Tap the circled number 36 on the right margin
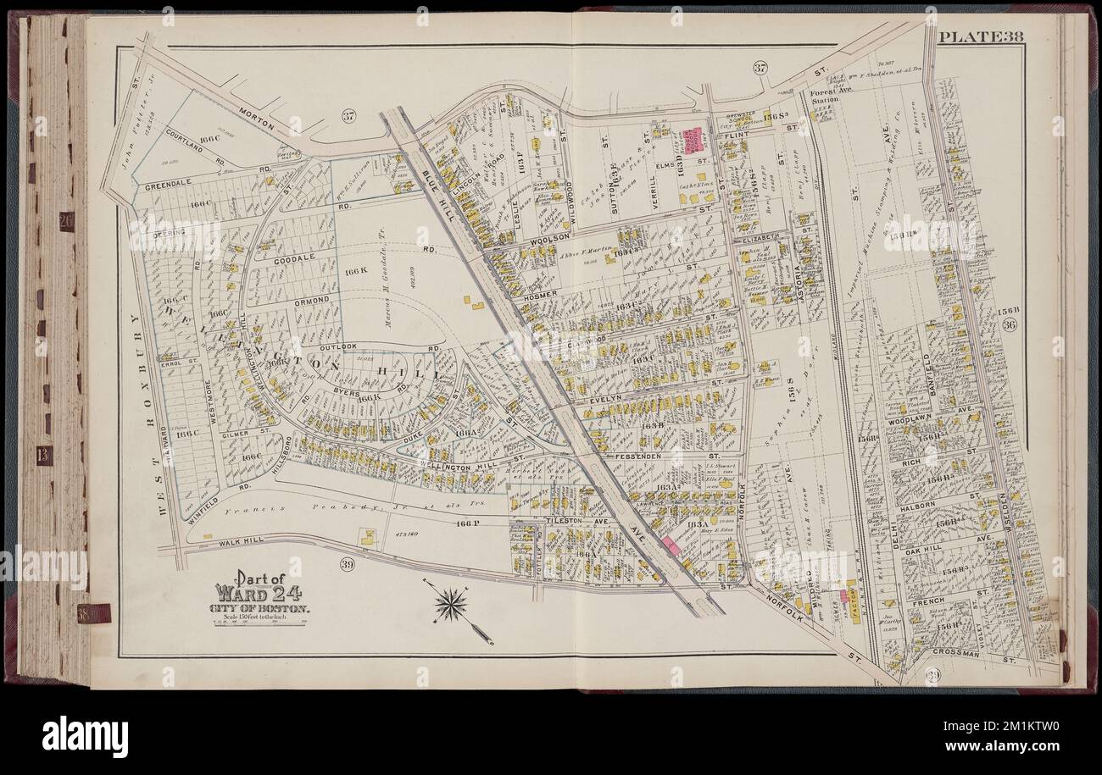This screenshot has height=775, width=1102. pyautogui.click(x=1009, y=327)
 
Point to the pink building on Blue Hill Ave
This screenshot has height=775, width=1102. pyautogui.click(x=672, y=546)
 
